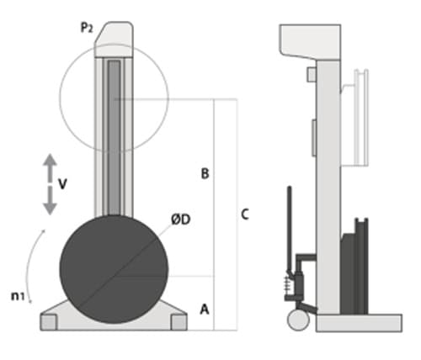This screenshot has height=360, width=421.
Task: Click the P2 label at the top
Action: (x=87, y=28)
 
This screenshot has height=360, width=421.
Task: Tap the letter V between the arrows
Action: (x=62, y=184)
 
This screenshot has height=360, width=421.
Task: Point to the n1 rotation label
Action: (x=18, y=296)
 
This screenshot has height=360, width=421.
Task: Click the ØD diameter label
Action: (x=181, y=220)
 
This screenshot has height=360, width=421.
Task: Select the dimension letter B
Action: (x=205, y=173)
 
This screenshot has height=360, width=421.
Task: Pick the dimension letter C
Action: (x=245, y=214)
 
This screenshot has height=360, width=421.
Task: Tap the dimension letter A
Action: (x=205, y=310)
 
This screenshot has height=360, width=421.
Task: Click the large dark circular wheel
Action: (x=114, y=269)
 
